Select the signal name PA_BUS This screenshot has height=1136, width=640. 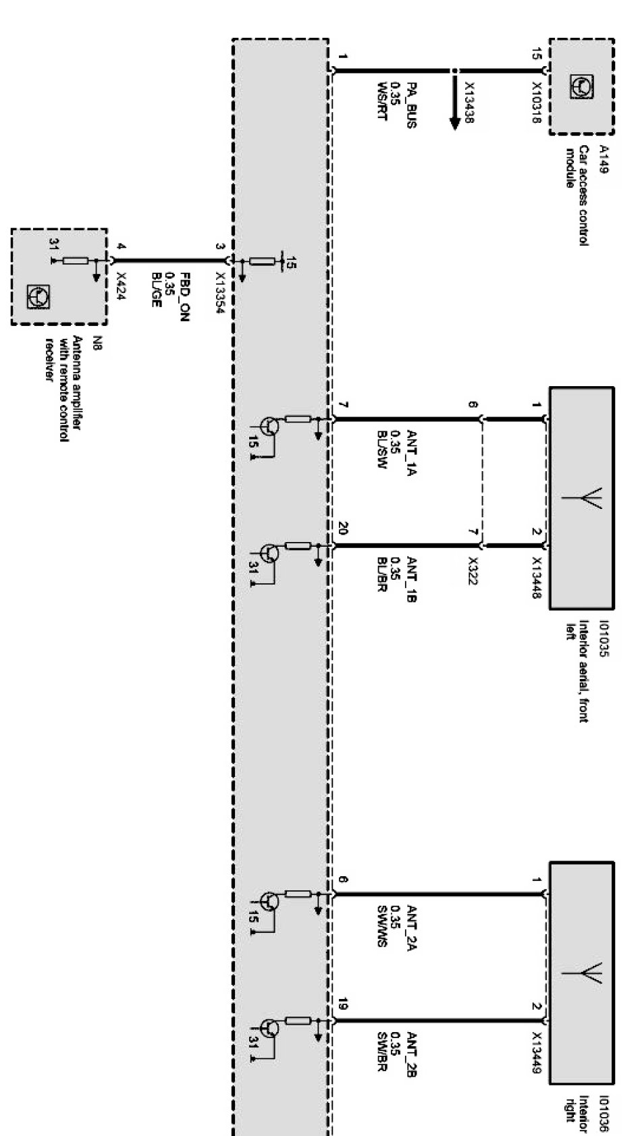411,105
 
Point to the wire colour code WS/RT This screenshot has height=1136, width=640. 383,101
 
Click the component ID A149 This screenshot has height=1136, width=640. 603,160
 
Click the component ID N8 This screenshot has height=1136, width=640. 96,342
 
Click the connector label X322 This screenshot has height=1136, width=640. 473,571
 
